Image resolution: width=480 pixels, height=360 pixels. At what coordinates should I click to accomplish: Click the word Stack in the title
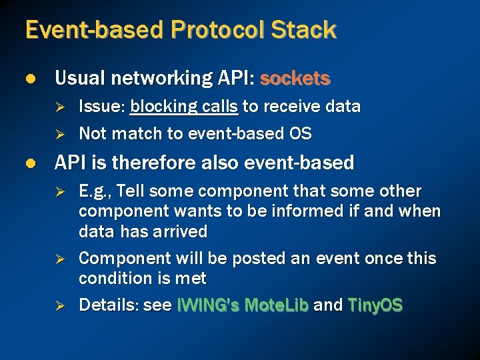(x=303, y=30)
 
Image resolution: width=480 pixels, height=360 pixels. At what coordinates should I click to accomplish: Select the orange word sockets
(x=295, y=79)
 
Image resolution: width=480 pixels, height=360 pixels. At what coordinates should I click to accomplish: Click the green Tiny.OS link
(x=375, y=305)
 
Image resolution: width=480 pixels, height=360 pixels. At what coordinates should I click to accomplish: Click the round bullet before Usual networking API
(x=29, y=79)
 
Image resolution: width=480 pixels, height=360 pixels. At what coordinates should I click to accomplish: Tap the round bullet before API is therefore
(x=29, y=163)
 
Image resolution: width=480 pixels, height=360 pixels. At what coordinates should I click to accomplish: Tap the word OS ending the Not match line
(x=301, y=134)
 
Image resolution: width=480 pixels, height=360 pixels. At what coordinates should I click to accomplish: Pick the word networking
(x=154, y=79)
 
